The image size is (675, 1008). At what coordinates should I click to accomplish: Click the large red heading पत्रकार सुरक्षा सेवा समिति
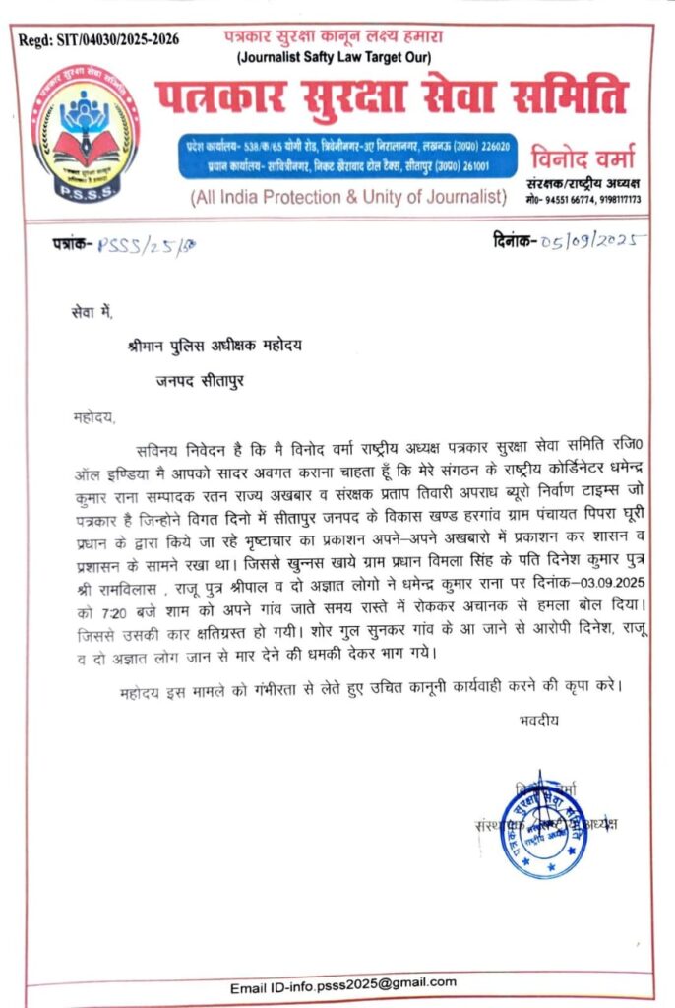click(391, 95)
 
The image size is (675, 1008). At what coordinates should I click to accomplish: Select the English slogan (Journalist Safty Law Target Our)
click(338, 58)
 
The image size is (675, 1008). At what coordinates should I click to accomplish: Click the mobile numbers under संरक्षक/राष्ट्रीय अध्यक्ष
click(584, 199)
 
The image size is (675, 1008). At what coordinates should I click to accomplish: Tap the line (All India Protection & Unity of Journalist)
click(348, 197)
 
